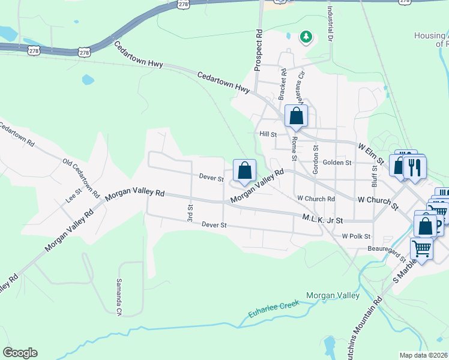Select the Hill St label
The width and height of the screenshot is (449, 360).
[268, 135]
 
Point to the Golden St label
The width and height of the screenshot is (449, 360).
[338, 163]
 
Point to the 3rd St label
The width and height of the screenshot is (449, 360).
[190, 211]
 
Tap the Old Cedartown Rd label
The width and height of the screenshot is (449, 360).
[81, 178]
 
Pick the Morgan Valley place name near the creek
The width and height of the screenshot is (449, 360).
[333, 295]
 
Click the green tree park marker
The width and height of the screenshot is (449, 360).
[306, 37]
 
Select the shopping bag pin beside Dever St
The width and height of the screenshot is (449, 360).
[244, 171]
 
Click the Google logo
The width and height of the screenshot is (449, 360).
[20, 353]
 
